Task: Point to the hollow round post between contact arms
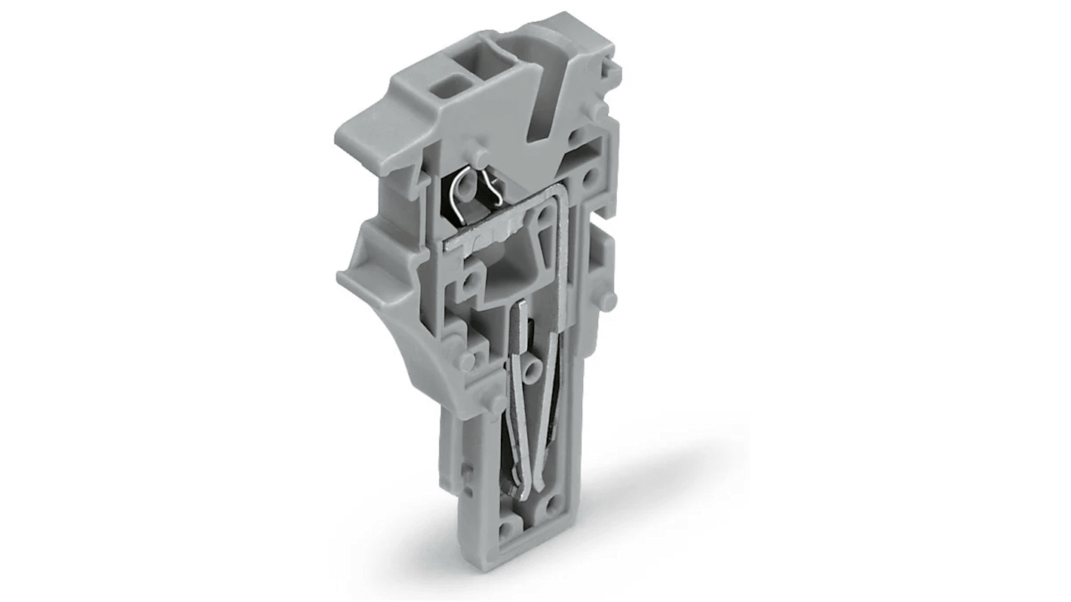tap(532, 370)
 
